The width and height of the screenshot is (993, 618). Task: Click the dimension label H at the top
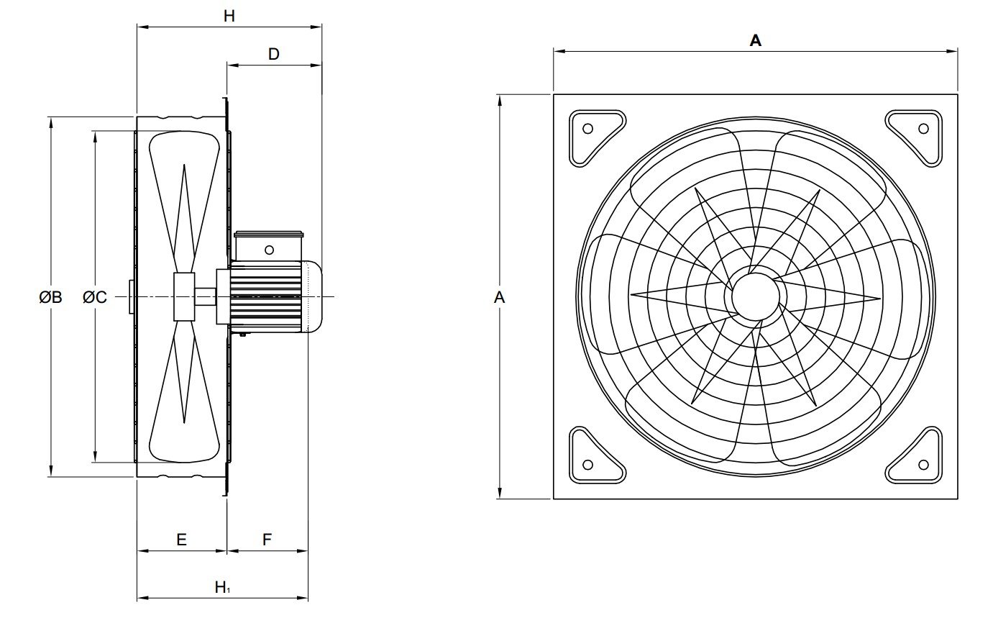(229, 16)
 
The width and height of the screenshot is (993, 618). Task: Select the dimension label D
(273, 54)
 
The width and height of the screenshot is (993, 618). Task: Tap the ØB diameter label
(51, 296)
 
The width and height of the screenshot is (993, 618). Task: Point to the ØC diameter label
(95, 296)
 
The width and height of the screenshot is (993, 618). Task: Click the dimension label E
(181, 540)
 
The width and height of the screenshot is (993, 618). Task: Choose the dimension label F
(267, 540)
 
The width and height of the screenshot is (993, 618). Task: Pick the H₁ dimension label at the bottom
(222, 587)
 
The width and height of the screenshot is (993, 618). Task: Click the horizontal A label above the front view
(755, 41)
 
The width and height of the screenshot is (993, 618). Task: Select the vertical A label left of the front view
(500, 296)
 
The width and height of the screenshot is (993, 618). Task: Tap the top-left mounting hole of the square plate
(587, 129)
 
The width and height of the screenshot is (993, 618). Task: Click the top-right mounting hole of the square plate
(923, 129)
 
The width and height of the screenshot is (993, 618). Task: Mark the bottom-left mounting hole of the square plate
(587, 464)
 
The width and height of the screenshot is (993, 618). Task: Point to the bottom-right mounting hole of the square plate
(923, 464)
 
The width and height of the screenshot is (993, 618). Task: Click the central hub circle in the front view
(755, 296)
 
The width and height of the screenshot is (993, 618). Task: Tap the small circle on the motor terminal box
(269, 250)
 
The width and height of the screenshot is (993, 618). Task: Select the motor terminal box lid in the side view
(270, 233)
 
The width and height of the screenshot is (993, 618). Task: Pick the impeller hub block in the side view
(184, 296)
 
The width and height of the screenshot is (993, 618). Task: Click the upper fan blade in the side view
(184, 201)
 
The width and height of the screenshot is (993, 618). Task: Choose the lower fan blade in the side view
(184, 392)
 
